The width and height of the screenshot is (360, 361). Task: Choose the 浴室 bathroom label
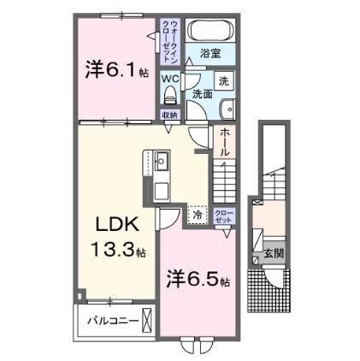pyautogui.click(x=210, y=53)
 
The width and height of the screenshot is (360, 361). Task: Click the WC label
pyautogui.click(x=169, y=79)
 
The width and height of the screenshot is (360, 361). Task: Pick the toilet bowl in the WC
pyautogui.click(x=168, y=93)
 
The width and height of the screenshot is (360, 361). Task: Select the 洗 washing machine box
pyautogui.click(x=223, y=81)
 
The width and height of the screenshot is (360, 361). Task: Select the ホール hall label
pyautogui.click(x=224, y=142)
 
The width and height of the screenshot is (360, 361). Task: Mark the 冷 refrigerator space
pyautogui.click(x=198, y=216)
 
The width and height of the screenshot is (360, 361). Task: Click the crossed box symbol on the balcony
pyautogui.click(x=147, y=323)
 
